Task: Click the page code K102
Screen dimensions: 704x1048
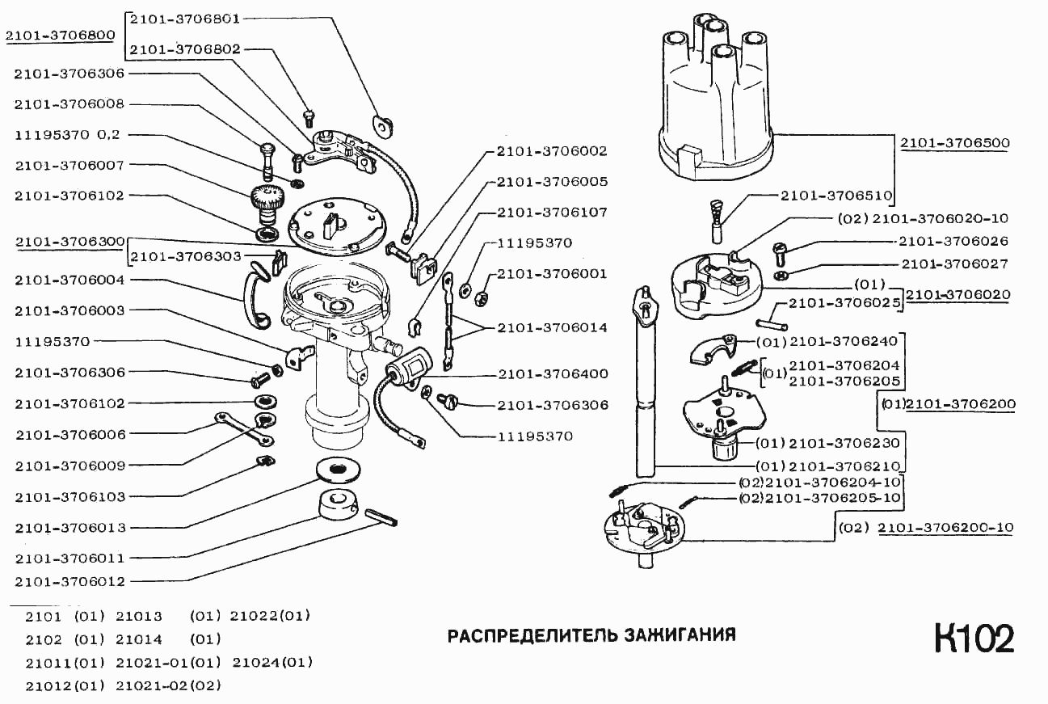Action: (x=974, y=639)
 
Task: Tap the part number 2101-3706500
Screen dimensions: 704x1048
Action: (x=956, y=144)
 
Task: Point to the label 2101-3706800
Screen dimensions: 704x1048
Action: (x=59, y=36)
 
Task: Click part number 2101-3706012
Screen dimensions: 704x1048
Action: (x=69, y=581)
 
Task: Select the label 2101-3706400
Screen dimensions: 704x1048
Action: (x=553, y=374)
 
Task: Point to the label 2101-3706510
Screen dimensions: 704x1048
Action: (x=836, y=195)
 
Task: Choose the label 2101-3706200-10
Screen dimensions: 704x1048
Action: (x=945, y=528)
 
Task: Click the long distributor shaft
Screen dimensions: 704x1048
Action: (x=646, y=388)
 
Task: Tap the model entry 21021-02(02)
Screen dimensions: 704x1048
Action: (x=168, y=686)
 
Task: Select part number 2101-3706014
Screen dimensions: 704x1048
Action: (x=553, y=327)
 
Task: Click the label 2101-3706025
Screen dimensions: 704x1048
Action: (x=845, y=303)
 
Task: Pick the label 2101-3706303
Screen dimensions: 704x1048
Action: (x=183, y=257)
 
